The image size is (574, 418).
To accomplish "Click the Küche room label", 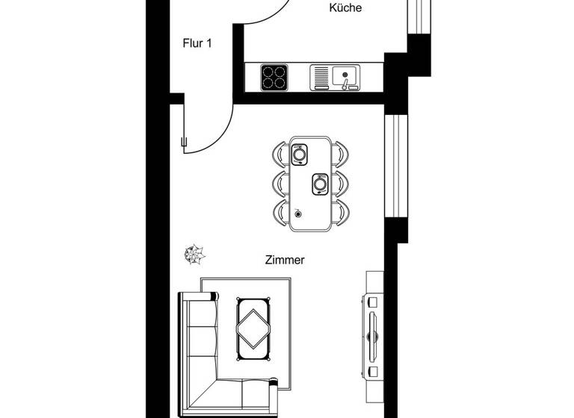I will tap(346, 8).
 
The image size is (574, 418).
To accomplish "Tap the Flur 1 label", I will tap(197, 43).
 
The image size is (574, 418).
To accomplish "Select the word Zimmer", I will tap(285, 261).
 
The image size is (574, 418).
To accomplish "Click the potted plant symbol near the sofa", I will tap(195, 254).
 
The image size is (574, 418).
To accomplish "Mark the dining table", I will tap(311, 183).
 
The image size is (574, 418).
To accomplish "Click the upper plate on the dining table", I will tap(300, 155).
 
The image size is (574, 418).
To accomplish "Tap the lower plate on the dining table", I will tap(320, 183).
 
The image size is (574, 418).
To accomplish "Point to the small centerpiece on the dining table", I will tap(298, 213).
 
